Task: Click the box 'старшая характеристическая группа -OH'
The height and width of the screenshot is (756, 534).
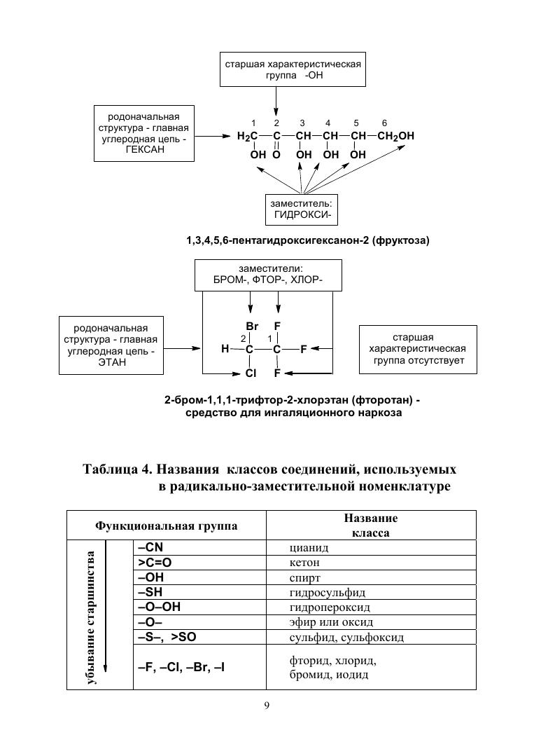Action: pos(293,70)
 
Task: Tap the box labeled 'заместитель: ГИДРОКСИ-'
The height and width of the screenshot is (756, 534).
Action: pos(302,209)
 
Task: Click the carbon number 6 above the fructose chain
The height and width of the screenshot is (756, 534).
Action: pos(384,123)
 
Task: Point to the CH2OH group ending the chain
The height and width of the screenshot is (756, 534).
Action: pos(395,136)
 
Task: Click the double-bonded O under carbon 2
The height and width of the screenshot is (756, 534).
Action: pos(276,154)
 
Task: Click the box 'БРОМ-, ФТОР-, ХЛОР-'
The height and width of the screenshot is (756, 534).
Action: pos(268,275)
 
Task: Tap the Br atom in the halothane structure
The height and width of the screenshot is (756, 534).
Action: pos(252,327)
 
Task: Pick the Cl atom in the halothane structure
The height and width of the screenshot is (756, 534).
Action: pos(251,373)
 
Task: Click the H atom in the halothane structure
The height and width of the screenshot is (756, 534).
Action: pos(225,348)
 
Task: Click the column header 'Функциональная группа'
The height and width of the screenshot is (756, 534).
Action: pos(167,525)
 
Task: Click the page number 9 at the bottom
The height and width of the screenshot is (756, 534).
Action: pos(267,705)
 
